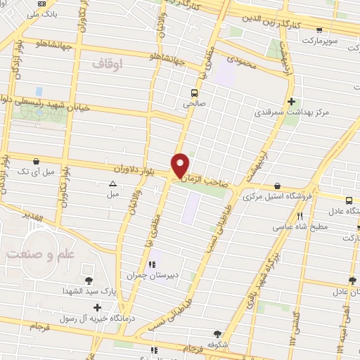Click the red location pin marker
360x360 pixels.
click(x=181, y=165)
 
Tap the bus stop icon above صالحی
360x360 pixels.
click(x=194, y=92)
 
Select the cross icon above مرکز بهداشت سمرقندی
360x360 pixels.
click(x=290, y=101)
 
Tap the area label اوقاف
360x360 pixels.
click(x=107, y=63)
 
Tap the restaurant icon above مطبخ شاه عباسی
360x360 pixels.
click(x=299, y=216)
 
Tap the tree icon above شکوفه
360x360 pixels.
click(x=218, y=334)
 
